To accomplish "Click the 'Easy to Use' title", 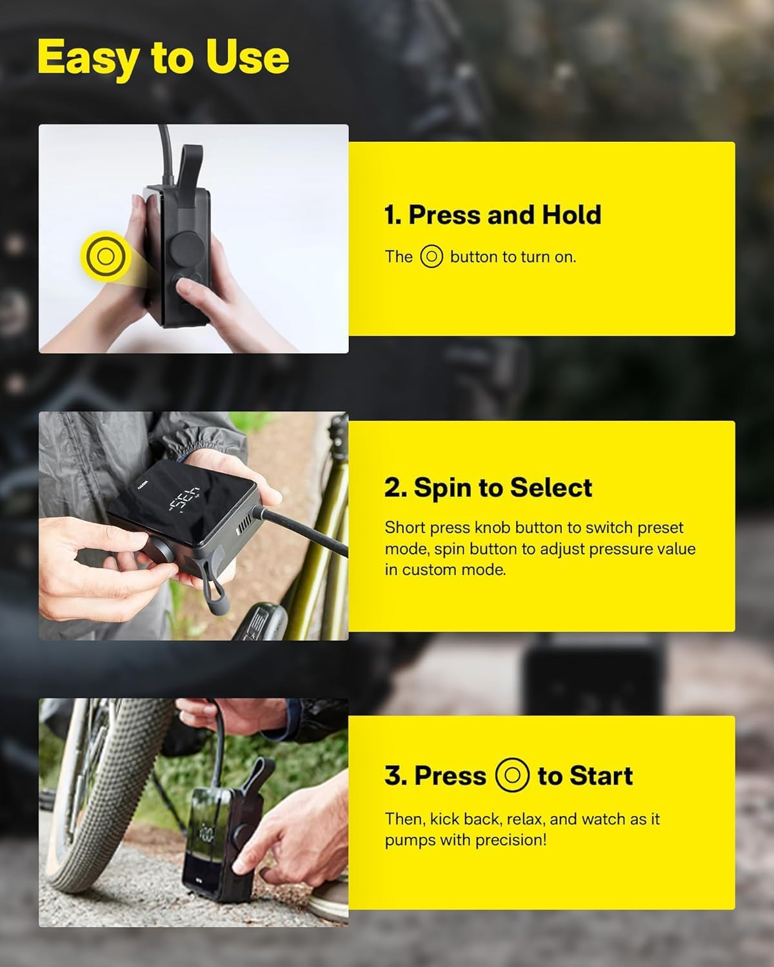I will click(x=163, y=57).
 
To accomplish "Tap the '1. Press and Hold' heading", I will click(x=492, y=215).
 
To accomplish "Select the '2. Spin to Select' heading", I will click(x=488, y=487).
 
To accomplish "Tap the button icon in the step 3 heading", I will click(x=512, y=775).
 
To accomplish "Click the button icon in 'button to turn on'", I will click(x=432, y=257).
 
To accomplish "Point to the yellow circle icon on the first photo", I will click(x=105, y=257).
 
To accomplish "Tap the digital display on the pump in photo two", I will click(x=182, y=497).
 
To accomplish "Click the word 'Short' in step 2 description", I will click(x=401, y=527).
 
